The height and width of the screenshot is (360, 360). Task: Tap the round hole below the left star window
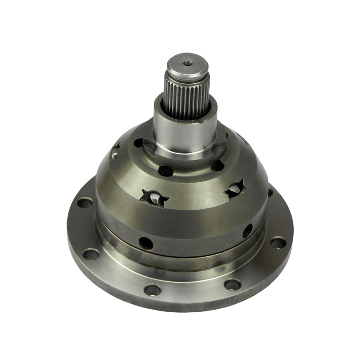click(x=146, y=243)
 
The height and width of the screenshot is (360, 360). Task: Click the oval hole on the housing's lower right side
click(x=247, y=231)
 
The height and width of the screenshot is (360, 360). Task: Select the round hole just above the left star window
click(x=166, y=171)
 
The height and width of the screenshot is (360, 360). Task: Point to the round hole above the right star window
click(x=217, y=165)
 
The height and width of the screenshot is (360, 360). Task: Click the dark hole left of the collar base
click(x=138, y=143)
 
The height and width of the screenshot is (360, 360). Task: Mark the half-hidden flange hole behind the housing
click(x=270, y=192)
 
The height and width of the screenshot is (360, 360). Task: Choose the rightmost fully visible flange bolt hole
click(x=278, y=242)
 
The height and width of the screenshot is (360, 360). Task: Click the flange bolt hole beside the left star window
click(x=85, y=202)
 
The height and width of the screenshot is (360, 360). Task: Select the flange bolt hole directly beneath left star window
click(x=153, y=289)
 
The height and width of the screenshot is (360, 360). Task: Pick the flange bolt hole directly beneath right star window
click(x=232, y=284)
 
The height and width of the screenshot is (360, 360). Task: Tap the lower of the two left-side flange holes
click(x=91, y=254)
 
